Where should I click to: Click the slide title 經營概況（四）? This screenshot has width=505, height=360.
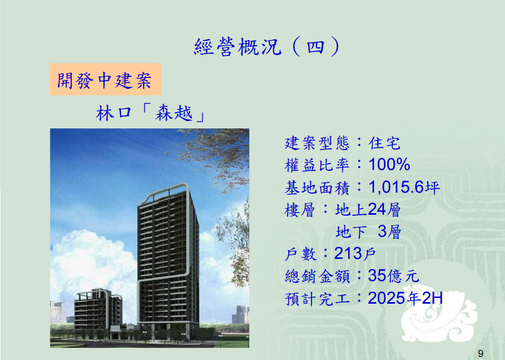[267, 47]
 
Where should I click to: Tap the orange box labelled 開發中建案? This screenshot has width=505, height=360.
[106, 79]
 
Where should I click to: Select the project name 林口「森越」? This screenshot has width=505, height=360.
[150, 114]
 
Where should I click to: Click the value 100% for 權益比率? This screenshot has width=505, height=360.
[389, 164]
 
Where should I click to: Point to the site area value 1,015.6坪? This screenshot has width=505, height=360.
[404, 187]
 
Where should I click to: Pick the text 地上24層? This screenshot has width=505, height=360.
[368, 209]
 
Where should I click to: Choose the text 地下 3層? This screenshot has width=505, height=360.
[368, 232]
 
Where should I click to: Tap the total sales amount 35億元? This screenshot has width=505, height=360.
[393, 276]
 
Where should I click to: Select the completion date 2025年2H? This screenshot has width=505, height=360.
[405, 298]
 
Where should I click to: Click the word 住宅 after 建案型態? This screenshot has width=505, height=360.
[385, 143]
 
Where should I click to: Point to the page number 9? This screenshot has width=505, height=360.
[480, 354]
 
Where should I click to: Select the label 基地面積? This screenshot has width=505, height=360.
[317, 187]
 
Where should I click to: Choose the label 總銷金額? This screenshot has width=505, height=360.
[317, 276]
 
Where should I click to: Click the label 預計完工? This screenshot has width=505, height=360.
[317, 298]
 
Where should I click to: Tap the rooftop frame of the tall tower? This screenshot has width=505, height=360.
[164, 190]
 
